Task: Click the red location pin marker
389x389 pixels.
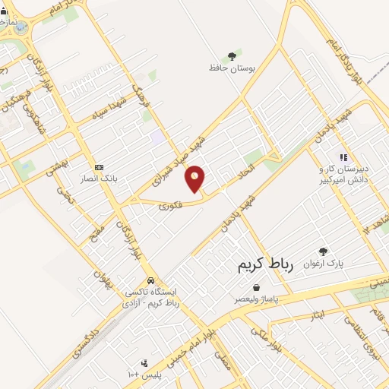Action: (195, 179)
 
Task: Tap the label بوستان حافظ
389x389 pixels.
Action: (231, 68)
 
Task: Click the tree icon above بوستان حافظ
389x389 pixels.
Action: (232, 55)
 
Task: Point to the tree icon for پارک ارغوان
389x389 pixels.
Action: (323, 251)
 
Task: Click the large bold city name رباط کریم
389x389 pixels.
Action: (259, 264)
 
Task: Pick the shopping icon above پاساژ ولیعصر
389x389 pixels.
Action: (255, 288)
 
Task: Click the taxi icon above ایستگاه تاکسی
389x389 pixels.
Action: (152, 280)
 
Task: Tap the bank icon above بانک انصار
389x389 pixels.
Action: (98, 167)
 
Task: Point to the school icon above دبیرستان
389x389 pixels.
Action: (343, 157)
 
